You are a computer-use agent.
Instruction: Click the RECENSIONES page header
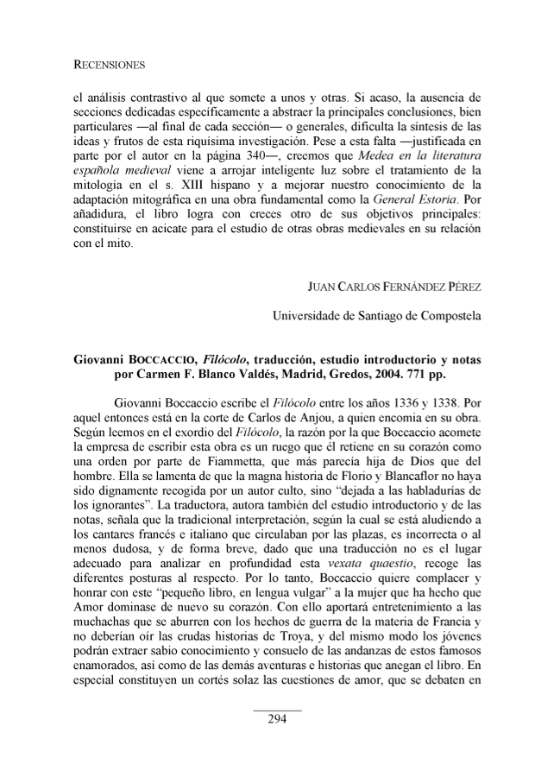108,64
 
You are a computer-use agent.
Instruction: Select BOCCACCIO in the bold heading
172,357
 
